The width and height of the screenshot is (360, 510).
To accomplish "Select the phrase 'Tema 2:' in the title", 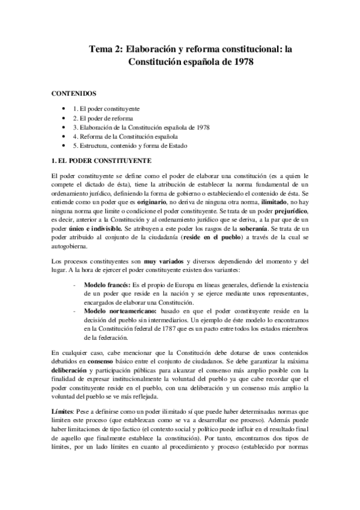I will coord(106,48).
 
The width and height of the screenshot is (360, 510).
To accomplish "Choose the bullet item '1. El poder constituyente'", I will coord(105,108).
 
